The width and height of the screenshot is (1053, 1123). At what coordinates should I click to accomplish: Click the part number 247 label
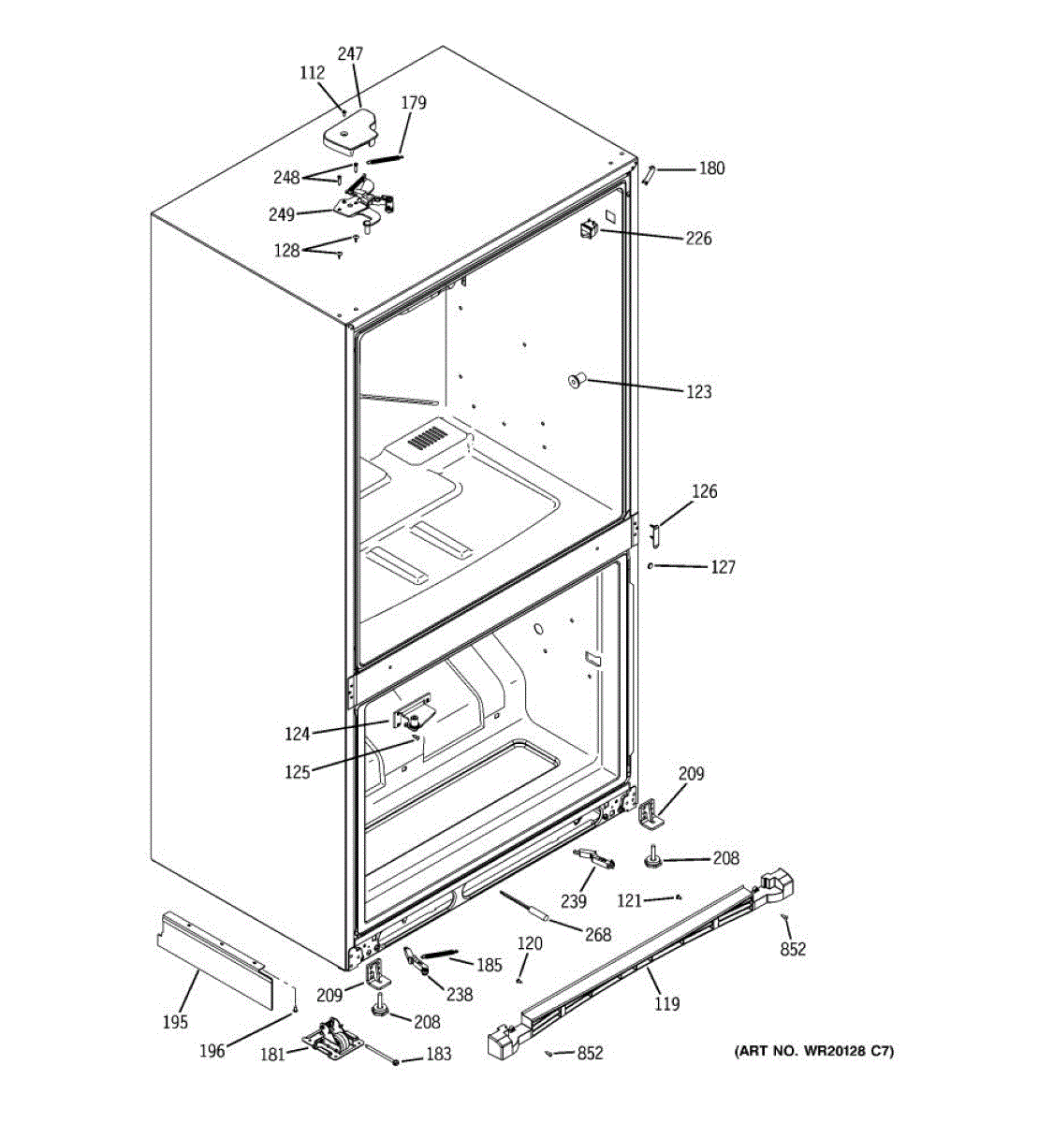(x=350, y=54)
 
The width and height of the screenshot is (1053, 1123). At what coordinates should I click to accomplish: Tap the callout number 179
(x=414, y=103)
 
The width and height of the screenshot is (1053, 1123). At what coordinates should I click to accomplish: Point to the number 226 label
(x=698, y=239)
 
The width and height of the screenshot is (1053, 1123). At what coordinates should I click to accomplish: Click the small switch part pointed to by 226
(x=589, y=228)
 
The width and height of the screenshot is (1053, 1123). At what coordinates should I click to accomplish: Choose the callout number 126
(x=704, y=491)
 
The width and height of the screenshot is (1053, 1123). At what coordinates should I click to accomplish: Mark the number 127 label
(x=723, y=567)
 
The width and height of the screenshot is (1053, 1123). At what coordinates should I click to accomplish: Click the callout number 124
(x=298, y=735)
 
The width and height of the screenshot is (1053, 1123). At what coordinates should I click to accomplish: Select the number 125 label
(x=298, y=773)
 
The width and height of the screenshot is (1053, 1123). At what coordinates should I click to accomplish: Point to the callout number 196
(x=212, y=1051)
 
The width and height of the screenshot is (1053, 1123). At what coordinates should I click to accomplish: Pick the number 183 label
(x=438, y=1055)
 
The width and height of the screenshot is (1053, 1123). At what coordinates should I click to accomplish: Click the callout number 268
(x=597, y=934)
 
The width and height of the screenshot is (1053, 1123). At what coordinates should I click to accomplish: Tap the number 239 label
(x=573, y=901)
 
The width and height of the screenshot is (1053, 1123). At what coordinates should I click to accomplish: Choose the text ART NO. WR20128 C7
(x=813, y=1052)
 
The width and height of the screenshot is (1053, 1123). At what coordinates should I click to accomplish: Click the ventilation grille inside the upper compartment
(x=429, y=438)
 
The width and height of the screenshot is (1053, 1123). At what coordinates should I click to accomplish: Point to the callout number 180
(x=711, y=168)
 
